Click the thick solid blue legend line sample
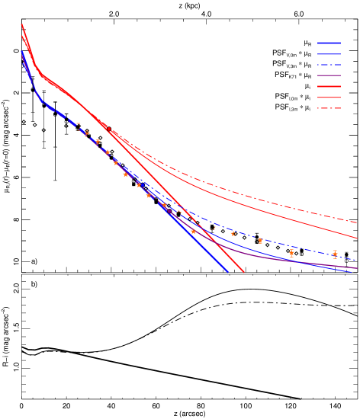click(329, 43)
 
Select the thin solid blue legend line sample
click(329, 54)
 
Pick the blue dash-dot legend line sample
click(329, 65)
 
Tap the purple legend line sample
click(329, 75)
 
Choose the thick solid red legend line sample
click(329, 87)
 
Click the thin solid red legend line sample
click(329, 98)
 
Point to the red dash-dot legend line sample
click(329, 108)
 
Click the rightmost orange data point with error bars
click(335, 254)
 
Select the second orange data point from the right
click(291, 253)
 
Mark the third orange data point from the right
click(260, 241)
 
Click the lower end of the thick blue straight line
click(227, 272)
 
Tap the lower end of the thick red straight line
click(243, 272)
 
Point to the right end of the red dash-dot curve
click(357, 222)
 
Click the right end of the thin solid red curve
click(357, 238)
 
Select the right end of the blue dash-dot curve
click(357, 260)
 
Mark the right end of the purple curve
click(357, 268)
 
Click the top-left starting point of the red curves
click(21, 25)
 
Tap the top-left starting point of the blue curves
click(21, 52)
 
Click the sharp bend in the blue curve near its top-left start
click(40, 99)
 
